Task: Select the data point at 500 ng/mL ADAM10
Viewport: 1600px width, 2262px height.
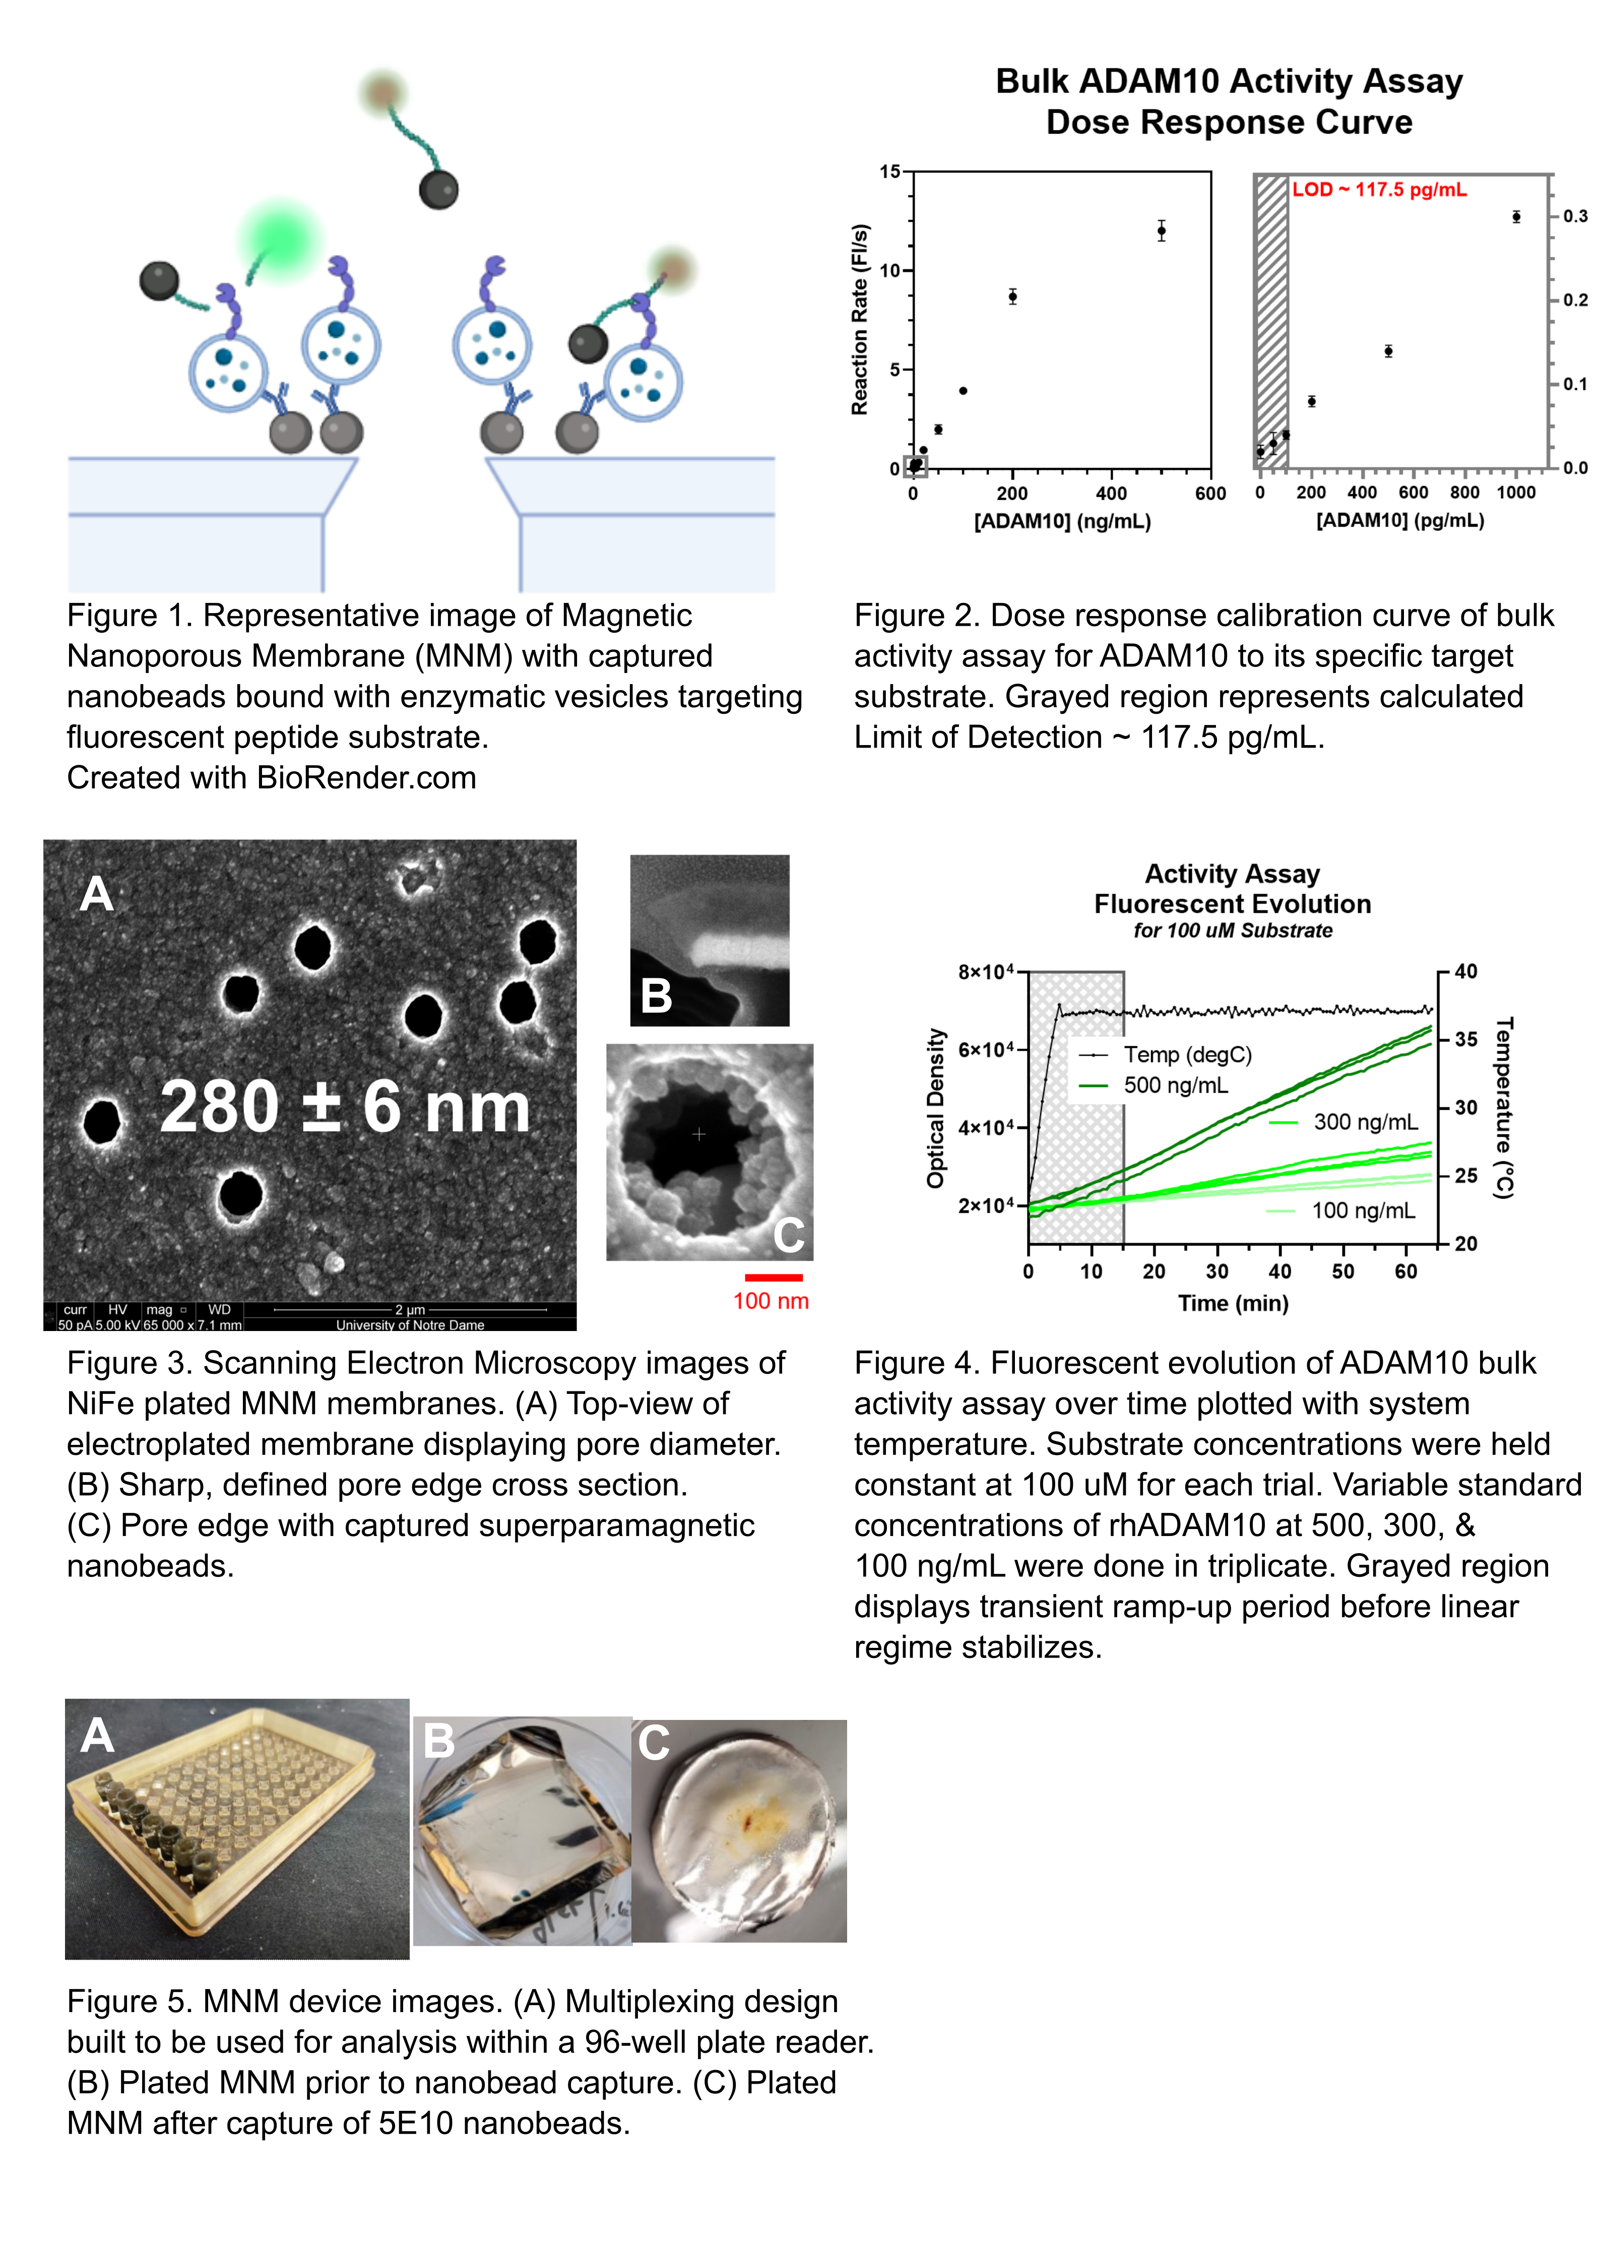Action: [1162, 232]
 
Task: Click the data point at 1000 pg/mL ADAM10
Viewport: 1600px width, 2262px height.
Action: [1516, 217]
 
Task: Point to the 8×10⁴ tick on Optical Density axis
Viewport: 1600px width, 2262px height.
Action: [985, 972]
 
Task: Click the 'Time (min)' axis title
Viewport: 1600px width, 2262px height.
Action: [1233, 1303]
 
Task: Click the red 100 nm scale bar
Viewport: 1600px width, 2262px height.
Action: [774, 1278]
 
